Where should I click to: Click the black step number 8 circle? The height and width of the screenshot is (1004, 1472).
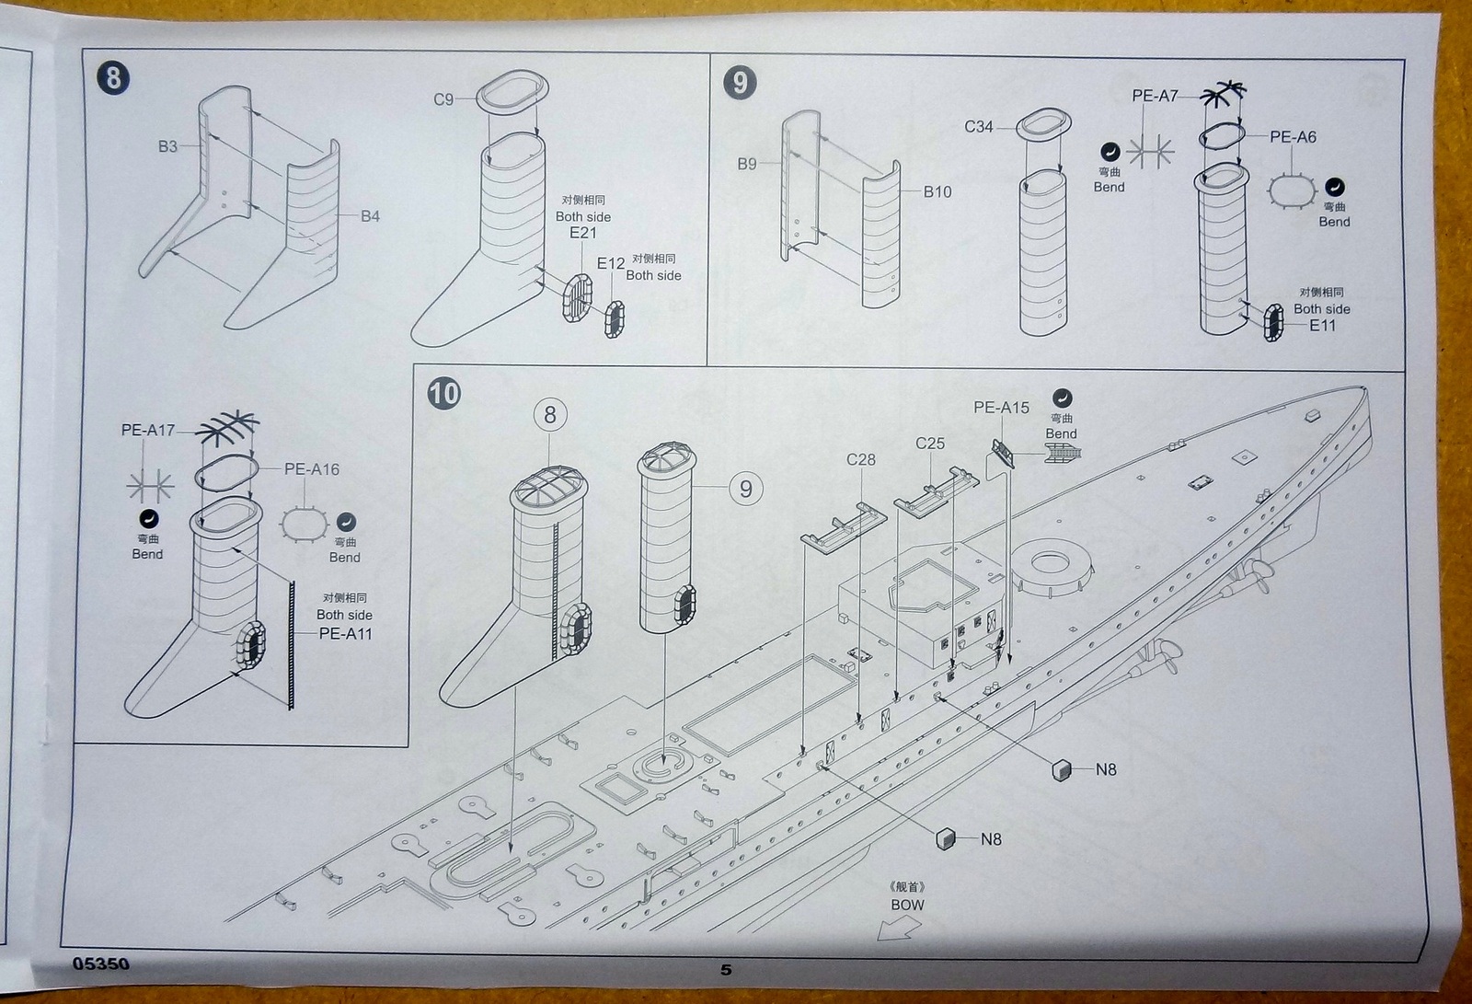coord(113,77)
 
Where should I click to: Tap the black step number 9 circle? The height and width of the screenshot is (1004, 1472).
coord(741,83)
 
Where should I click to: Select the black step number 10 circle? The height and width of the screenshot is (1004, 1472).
coord(443,394)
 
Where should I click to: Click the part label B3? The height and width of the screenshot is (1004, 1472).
coord(167,146)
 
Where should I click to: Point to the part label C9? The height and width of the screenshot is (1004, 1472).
coord(443,99)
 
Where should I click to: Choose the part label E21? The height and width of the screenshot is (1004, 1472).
coord(583,233)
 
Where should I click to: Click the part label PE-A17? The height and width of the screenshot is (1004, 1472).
coord(147,430)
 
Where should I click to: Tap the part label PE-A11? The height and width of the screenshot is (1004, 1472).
coord(345,634)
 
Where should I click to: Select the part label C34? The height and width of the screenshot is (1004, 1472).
coord(979,127)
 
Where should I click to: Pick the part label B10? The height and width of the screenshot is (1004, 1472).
coord(937,192)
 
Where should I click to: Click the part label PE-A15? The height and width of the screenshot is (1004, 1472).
coord(1001,408)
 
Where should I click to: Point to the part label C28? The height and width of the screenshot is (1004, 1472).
coord(860,460)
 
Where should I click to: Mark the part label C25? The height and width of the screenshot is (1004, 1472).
coord(930,444)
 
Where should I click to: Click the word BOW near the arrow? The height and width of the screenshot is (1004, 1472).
coord(907,905)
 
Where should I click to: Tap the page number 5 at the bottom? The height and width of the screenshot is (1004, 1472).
coord(726,970)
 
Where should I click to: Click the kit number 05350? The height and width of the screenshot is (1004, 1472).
coord(101,964)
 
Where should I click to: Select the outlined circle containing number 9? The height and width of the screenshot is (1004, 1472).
coord(745,489)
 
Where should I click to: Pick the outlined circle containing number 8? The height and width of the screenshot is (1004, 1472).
coord(550,415)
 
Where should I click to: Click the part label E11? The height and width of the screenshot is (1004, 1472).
coord(1322,326)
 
